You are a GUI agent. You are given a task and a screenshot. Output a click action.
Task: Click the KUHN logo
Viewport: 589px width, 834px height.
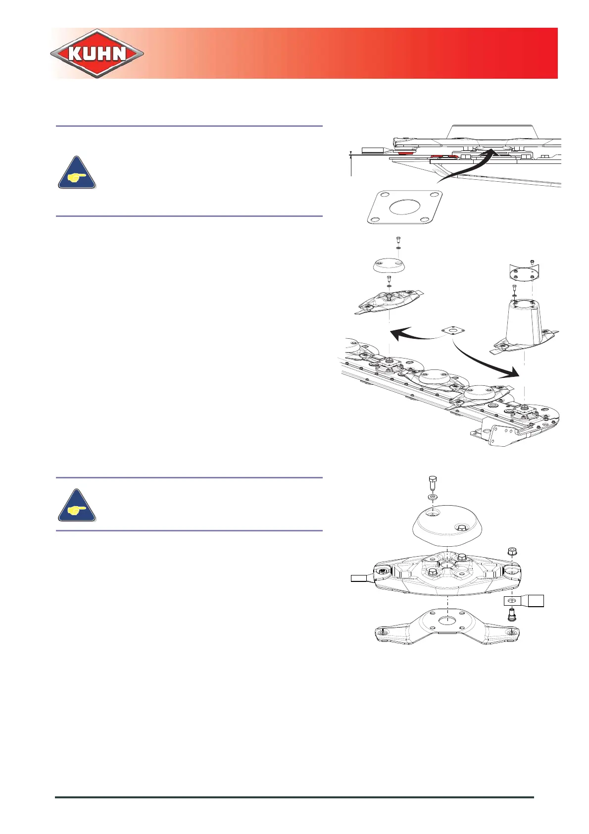pyautogui.click(x=97, y=53)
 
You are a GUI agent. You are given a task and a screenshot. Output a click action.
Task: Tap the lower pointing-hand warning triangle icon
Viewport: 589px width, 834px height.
pyautogui.click(x=77, y=506)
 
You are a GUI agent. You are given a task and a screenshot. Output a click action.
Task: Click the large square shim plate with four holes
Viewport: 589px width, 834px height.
pyautogui.click(x=404, y=207)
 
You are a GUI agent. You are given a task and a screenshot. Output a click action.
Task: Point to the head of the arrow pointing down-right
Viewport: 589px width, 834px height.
pyautogui.click(x=515, y=373)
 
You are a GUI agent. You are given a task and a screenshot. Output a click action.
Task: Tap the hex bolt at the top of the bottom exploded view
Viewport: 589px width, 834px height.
pyautogui.click(x=432, y=482)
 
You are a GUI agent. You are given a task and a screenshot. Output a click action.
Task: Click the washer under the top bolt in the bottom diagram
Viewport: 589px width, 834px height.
pyautogui.click(x=432, y=496)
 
